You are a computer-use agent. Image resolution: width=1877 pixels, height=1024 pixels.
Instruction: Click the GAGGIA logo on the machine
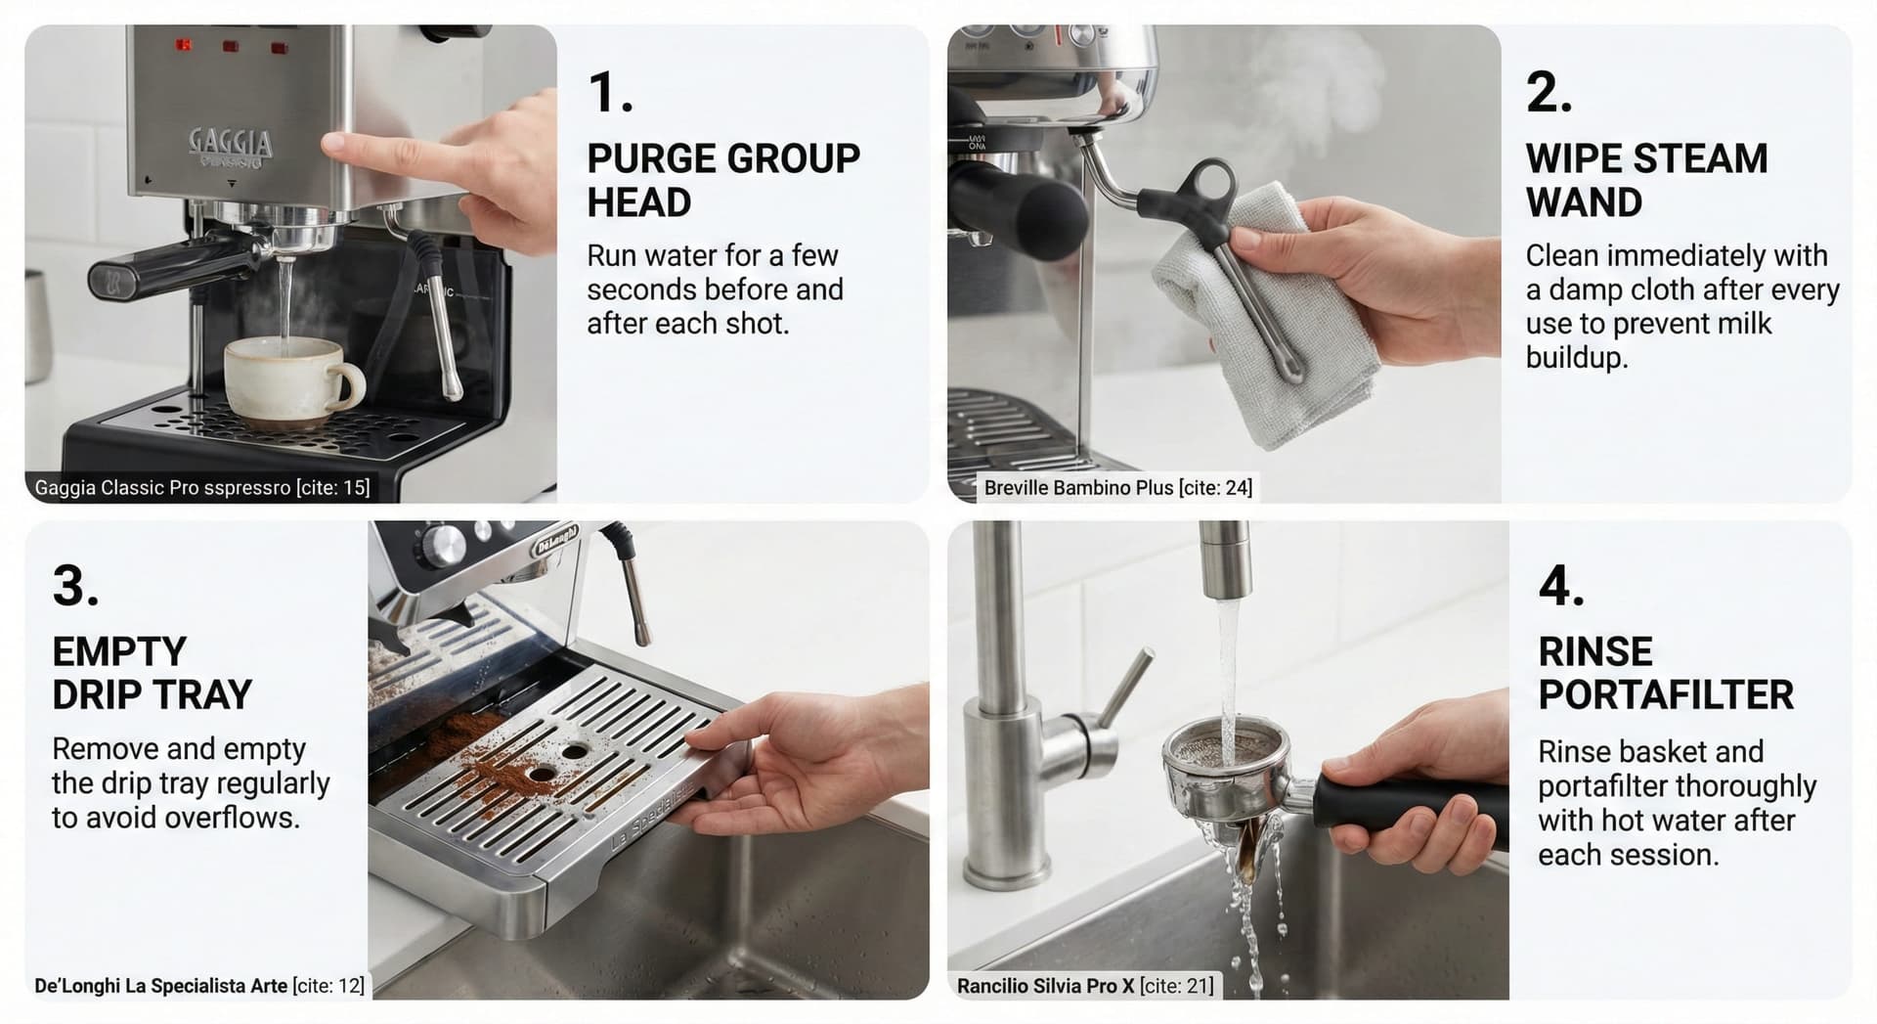[231, 144]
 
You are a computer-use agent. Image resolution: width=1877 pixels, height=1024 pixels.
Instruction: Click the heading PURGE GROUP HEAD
[722, 180]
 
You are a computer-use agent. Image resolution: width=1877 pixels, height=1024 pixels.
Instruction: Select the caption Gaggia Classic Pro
[201, 487]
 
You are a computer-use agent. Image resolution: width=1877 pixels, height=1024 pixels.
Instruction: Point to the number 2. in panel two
[1549, 94]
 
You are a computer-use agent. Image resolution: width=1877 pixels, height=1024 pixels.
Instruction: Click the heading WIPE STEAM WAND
[1646, 180]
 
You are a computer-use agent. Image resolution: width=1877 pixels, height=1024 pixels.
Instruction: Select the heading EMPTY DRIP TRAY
[152, 673]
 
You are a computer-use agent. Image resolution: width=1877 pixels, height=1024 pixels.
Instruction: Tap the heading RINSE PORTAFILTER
[1665, 673]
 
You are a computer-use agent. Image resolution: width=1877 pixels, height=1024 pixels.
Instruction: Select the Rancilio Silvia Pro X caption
[1084, 986]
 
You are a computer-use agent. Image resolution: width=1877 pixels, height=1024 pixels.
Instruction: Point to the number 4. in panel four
[1561, 587]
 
